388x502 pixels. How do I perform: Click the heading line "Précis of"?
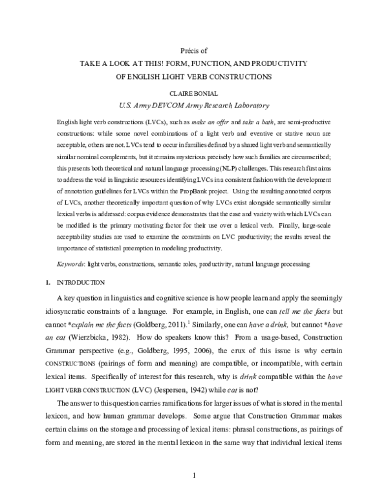click(194, 50)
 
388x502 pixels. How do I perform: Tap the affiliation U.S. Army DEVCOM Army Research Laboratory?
click(194, 104)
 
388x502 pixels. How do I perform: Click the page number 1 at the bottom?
click(194, 477)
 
